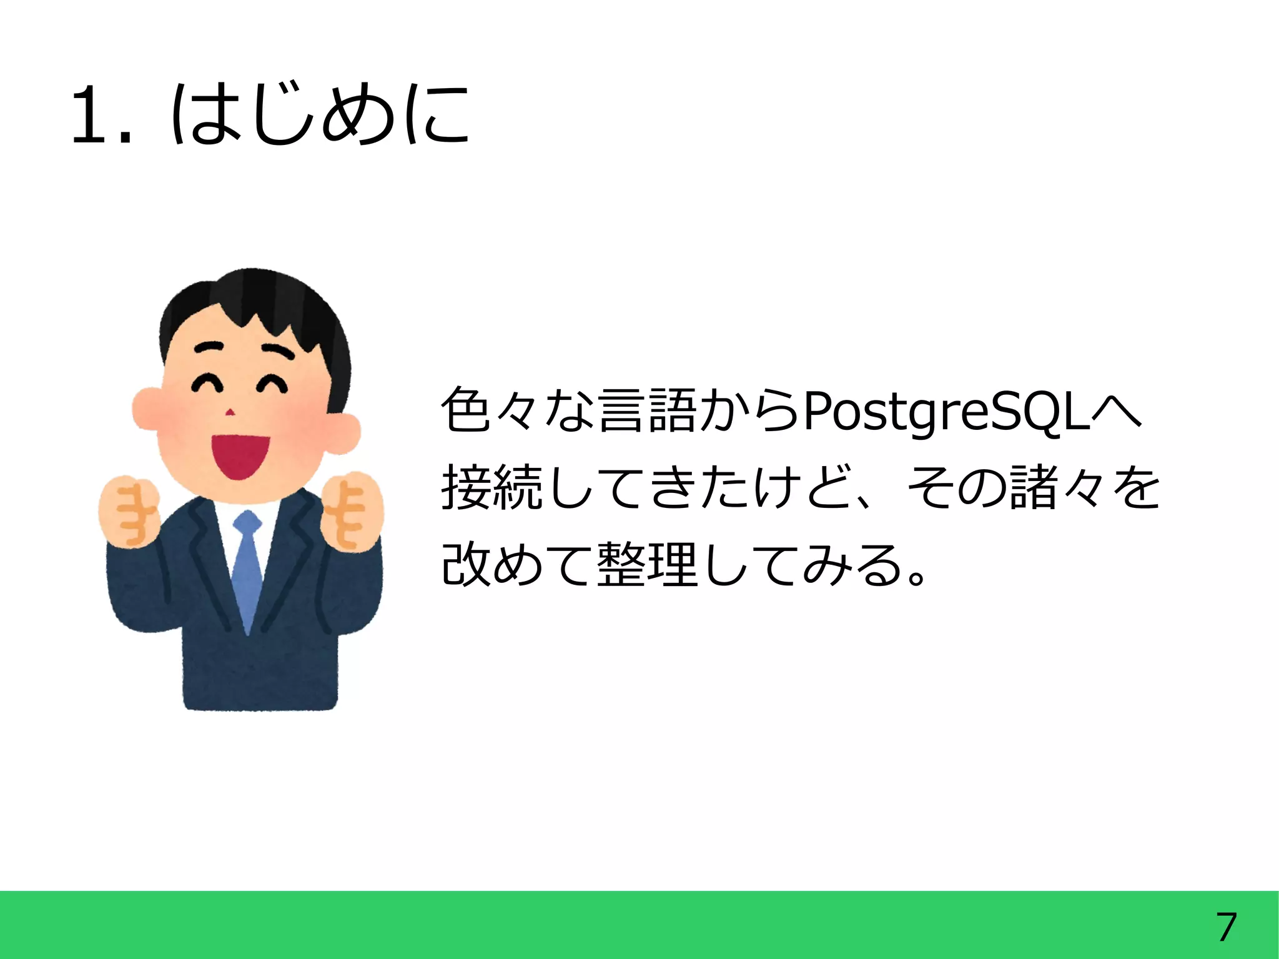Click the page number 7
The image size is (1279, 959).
[1226, 927]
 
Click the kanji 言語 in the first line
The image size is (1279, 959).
[647, 411]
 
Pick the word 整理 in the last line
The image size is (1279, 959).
[647, 565]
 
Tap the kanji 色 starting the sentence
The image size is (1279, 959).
[465, 411]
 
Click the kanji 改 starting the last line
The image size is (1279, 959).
[465, 565]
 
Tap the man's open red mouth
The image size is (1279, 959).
[240, 456]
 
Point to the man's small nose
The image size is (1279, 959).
[230, 412]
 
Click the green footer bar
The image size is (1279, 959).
[625, 925]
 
